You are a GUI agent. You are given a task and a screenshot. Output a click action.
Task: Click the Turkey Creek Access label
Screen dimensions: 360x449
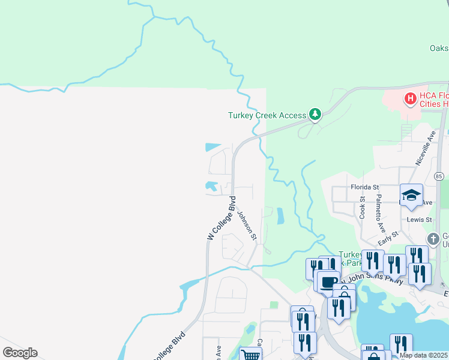267,115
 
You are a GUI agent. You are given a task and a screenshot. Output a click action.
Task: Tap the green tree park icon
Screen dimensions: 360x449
315,114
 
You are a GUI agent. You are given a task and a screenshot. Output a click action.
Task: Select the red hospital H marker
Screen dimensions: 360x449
411,98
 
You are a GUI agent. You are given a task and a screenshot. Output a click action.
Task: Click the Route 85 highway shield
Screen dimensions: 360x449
439,176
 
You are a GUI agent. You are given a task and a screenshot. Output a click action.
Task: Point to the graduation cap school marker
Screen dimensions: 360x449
411,196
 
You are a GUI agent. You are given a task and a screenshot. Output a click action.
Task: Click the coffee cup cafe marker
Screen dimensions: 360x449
328,282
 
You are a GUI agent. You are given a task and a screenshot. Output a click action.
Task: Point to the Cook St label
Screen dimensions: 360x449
363,206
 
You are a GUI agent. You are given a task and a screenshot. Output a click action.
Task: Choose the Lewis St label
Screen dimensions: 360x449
420,220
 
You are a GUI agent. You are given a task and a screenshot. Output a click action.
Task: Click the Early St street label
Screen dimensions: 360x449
388,238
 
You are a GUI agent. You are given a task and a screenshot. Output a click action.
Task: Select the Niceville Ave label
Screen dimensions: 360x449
424,149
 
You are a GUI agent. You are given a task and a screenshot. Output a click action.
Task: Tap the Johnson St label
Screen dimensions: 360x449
247,226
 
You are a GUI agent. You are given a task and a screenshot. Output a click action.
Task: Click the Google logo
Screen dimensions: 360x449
20,353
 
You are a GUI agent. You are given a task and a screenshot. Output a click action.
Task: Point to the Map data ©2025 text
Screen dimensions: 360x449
424,355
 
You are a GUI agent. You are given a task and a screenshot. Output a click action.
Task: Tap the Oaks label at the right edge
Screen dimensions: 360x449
439,48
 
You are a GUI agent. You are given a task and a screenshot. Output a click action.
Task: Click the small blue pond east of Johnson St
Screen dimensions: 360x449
280,216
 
